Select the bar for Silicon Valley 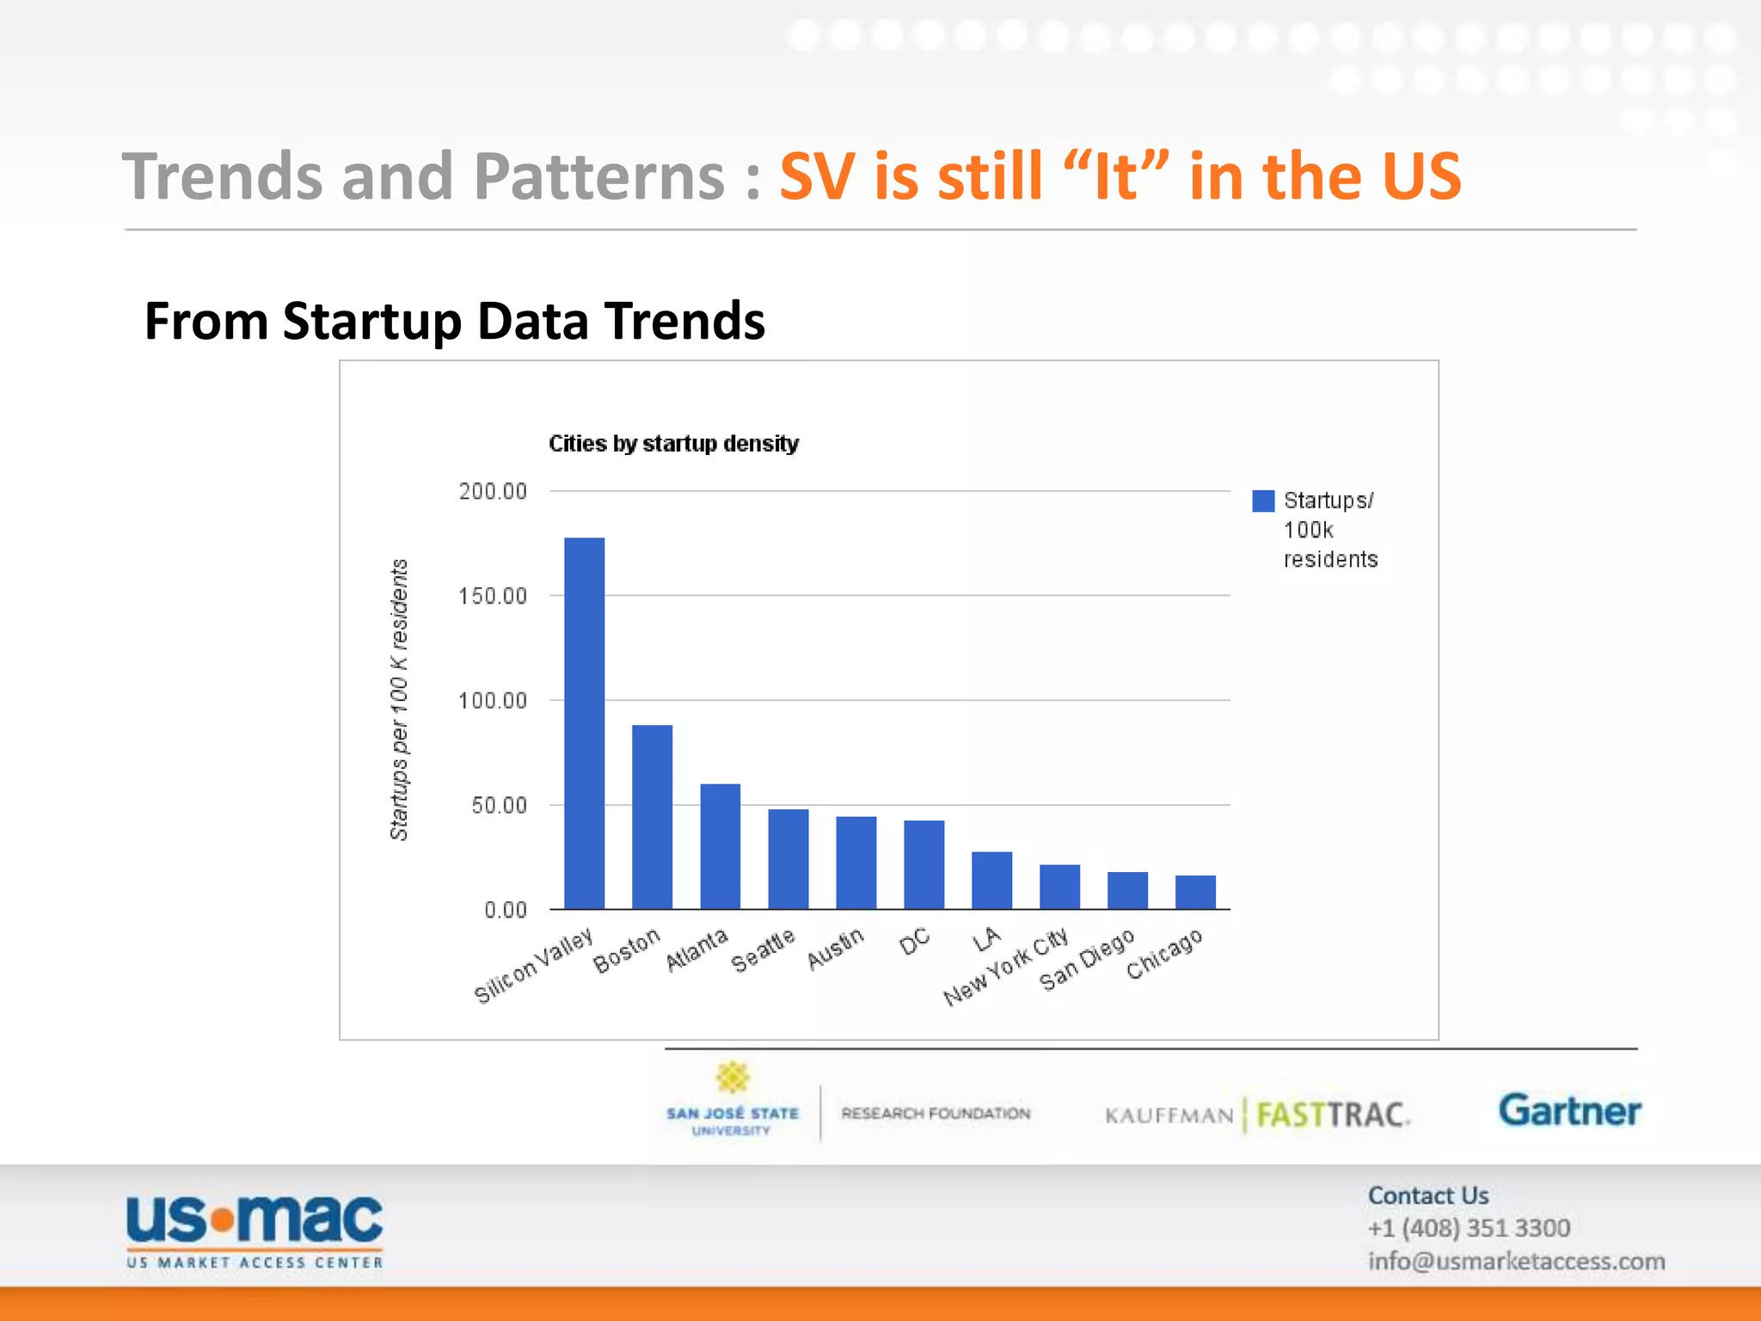tap(584, 723)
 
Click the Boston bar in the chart tap(652, 817)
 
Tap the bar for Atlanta tap(720, 846)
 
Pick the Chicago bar tap(1195, 892)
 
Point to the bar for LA tap(991, 880)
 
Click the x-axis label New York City tap(1006, 967)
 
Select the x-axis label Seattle tap(763, 950)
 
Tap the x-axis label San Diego tap(1087, 960)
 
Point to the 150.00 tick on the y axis tap(493, 596)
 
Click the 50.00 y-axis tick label tap(499, 806)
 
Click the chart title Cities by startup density tap(673, 444)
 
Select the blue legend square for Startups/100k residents tap(1262, 501)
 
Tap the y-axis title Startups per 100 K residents tap(399, 699)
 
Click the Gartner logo tap(1569, 1110)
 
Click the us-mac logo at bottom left tap(255, 1230)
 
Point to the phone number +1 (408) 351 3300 tap(1469, 1228)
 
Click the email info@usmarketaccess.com tap(1516, 1262)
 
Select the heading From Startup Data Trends tap(454, 322)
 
